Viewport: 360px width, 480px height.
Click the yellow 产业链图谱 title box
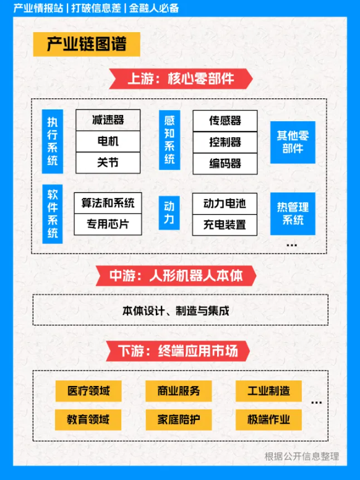87,45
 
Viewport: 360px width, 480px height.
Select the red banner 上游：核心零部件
181,79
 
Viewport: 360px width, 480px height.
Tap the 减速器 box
108,120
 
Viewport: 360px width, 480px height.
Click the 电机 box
108,142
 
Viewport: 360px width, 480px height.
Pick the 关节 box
108,163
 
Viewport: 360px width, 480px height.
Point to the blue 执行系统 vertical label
53,142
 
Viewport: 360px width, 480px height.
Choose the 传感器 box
225,121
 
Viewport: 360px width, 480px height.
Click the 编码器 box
225,164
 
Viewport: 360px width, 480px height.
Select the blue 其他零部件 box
293,142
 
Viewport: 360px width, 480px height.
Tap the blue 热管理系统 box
293,213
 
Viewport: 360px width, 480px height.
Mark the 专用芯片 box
108,225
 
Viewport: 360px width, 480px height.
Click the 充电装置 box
225,225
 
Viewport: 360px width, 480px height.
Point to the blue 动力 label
169,213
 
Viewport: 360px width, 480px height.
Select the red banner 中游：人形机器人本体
176,276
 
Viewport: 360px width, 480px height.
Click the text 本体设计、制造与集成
176,311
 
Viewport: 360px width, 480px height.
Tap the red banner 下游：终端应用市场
178,351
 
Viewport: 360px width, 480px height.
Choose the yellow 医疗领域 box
88,391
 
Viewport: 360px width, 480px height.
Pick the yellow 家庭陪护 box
179,420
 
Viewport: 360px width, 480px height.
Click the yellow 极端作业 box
268,420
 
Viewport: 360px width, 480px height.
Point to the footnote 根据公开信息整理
301,456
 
